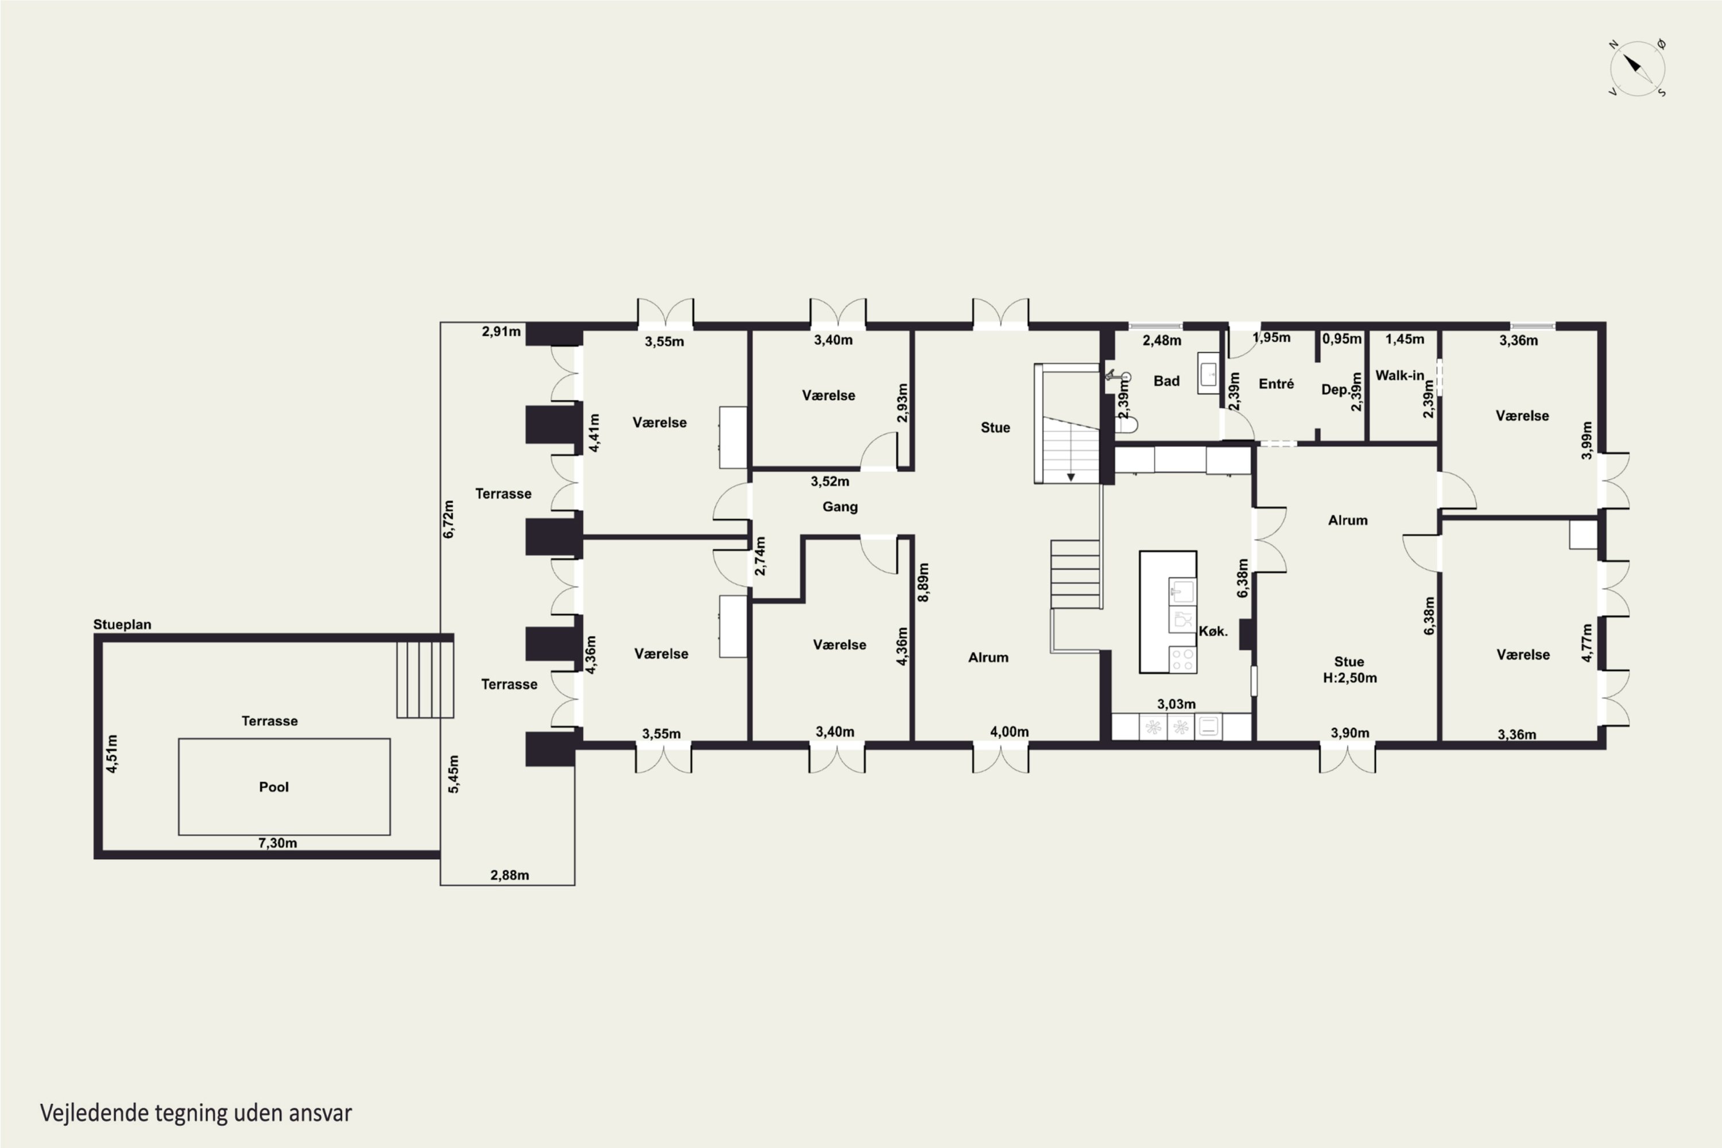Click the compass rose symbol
1638,69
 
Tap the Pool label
274,787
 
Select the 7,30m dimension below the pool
277,843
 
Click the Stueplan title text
122,625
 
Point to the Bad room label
1166,381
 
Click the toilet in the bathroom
1127,424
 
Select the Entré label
1276,383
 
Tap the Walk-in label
1400,375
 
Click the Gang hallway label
840,507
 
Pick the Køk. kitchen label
1213,631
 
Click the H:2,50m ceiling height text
1349,678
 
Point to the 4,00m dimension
1010,731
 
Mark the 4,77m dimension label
1587,643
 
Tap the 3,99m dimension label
1587,440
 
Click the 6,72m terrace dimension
449,519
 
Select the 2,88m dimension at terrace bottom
510,875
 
